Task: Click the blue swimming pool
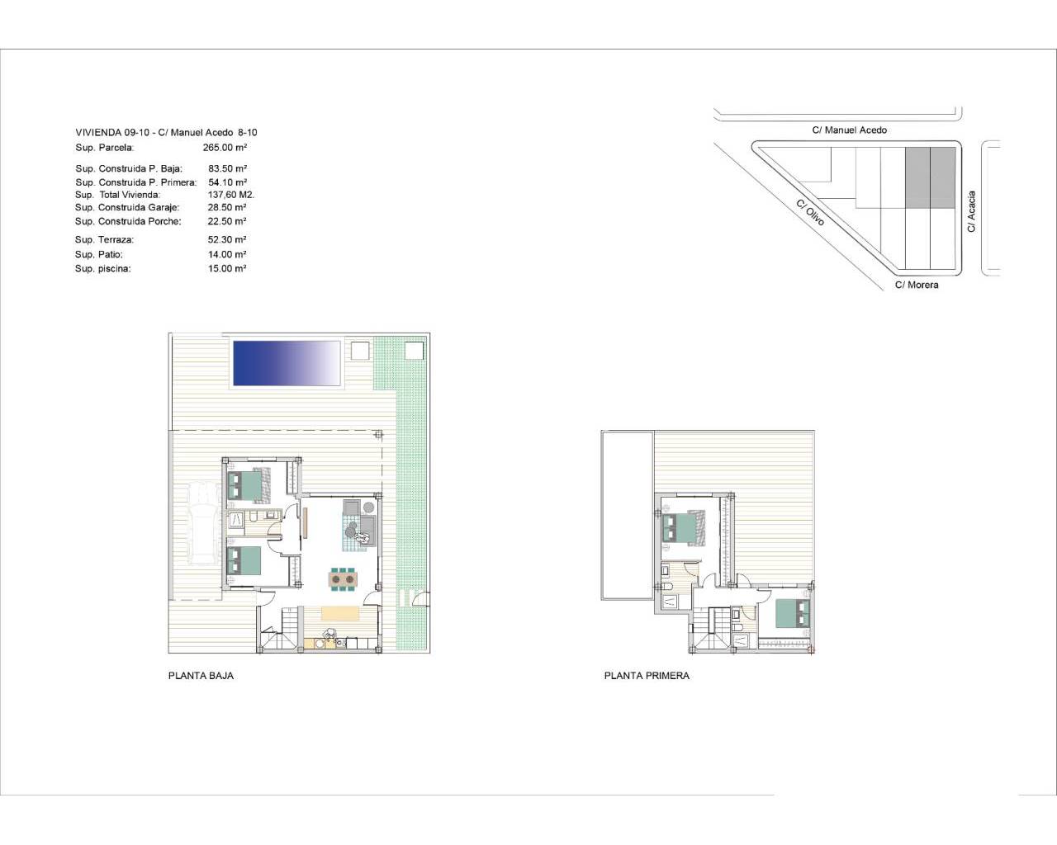point(287,363)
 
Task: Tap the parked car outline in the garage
point(202,523)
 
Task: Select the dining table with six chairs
point(343,579)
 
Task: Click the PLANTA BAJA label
point(201,676)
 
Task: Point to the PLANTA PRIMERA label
point(647,676)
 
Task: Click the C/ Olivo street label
point(810,213)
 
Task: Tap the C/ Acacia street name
point(971,211)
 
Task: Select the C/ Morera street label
point(917,285)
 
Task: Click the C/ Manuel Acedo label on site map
point(849,130)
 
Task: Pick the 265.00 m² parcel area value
point(225,148)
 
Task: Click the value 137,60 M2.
point(231,195)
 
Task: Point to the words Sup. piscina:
point(102,268)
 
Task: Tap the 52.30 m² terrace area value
point(226,239)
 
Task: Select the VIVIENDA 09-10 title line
point(166,133)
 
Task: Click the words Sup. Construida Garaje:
point(127,207)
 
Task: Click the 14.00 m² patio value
point(226,254)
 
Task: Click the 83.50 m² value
point(227,168)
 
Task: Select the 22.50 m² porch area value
point(226,221)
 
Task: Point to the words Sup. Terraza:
point(104,239)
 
